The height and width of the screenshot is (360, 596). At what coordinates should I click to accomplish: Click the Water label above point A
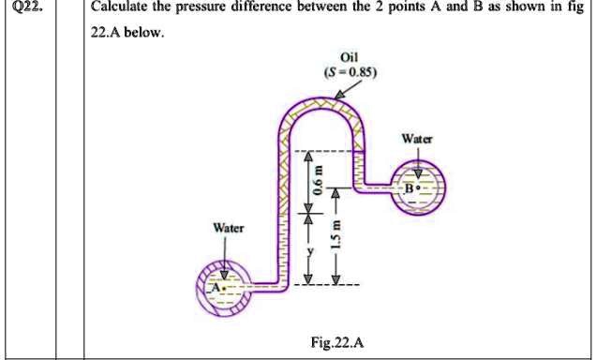point(228,227)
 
